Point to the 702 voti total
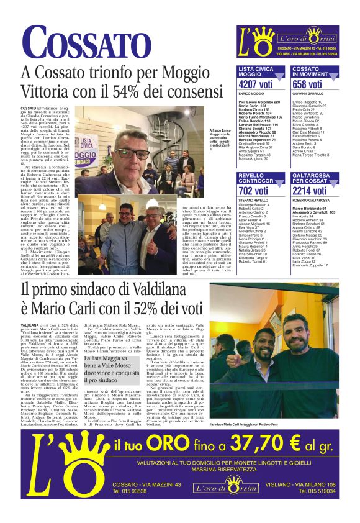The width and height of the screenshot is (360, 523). [253, 191]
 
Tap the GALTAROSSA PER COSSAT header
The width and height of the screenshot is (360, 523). [315, 178]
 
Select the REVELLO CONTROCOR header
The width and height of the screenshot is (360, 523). [258, 178]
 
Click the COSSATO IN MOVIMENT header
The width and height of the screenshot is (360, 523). [315, 71]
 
